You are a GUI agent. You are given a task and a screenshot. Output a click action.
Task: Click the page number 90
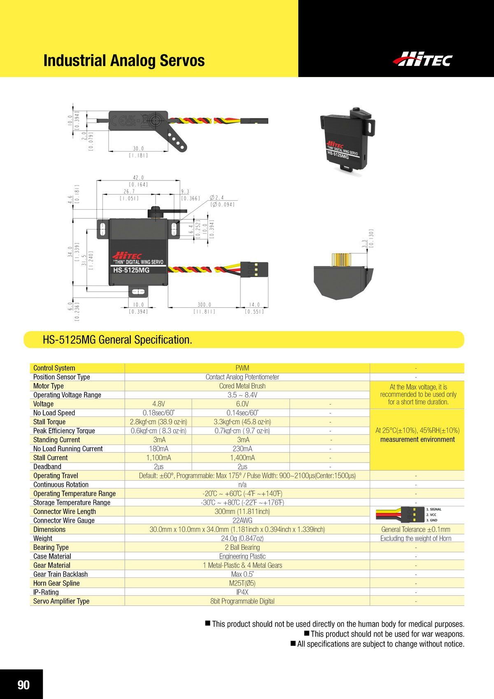tap(23, 685)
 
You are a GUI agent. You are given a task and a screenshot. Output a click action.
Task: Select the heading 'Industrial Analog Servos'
tap(124, 61)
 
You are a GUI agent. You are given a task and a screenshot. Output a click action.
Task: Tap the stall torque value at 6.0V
tap(242, 422)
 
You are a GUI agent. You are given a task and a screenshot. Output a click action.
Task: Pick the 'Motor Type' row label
tap(49, 386)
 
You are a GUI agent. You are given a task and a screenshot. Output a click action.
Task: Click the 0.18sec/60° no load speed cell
tap(158, 413)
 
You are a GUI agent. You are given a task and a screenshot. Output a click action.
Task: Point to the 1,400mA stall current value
tap(242, 458)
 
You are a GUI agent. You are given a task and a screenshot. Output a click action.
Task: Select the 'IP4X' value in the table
tap(242, 592)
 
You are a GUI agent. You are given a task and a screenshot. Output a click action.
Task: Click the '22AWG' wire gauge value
tap(242, 521)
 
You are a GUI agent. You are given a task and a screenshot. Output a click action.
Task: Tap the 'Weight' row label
tap(43, 538)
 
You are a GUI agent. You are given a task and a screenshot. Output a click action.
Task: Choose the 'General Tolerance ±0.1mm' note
tap(416, 530)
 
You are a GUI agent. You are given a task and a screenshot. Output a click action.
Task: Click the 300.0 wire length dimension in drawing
tap(204, 305)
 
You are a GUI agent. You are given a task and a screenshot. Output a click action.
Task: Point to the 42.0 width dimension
tap(138, 178)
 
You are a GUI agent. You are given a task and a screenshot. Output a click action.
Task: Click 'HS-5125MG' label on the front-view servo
tap(131, 270)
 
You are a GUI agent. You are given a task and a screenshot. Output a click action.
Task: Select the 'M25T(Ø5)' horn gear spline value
tap(242, 583)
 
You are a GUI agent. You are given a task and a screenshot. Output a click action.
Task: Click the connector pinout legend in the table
tap(416, 514)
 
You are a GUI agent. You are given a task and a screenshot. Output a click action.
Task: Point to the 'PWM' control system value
tap(242, 368)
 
